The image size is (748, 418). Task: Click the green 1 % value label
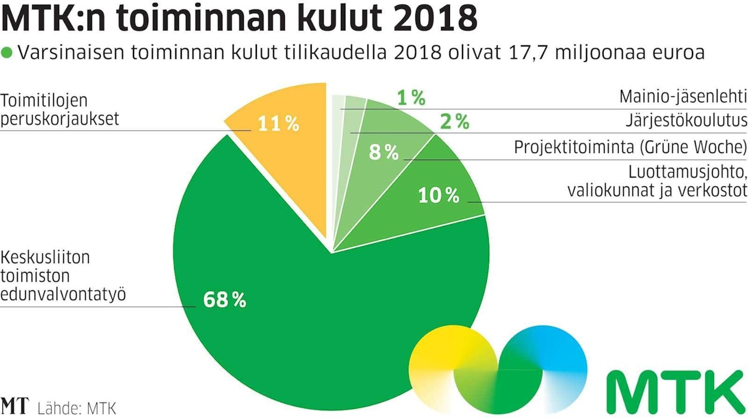click(411, 98)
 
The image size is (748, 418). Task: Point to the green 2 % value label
click(454, 121)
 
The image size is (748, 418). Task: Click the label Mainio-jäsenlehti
click(682, 97)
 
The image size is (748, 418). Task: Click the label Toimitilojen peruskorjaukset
click(60, 109)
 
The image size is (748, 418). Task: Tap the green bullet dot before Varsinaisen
click(7, 53)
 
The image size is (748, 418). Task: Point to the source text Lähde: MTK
click(76, 408)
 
